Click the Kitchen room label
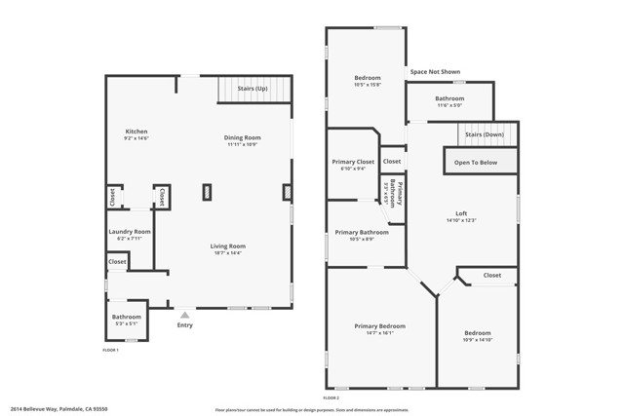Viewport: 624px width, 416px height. coord(136,132)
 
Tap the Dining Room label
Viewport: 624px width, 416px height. coord(243,137)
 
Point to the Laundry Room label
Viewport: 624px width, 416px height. coord(129,232)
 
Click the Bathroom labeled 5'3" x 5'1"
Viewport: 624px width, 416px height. coord(127,317)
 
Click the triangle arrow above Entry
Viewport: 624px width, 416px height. coord(184,315)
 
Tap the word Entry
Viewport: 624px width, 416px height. coord(184,325)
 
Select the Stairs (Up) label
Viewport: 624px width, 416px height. coord(253,89)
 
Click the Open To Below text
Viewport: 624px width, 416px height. coord(482,163)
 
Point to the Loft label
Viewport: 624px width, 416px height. coord(461,214)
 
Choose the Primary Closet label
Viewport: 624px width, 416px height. coord(353,162)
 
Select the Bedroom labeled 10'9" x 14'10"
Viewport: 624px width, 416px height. coord(477,333)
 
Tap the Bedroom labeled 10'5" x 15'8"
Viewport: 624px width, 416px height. coord(366,77)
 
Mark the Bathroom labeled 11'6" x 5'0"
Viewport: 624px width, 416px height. coord(449,98)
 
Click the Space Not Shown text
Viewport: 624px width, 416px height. coord(435,71)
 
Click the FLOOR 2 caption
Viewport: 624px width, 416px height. coord(331,397)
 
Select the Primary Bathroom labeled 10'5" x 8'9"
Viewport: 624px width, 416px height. coord(362,233)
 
